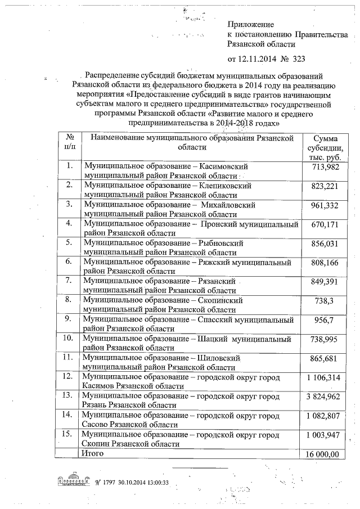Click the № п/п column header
tap(70, 143)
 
